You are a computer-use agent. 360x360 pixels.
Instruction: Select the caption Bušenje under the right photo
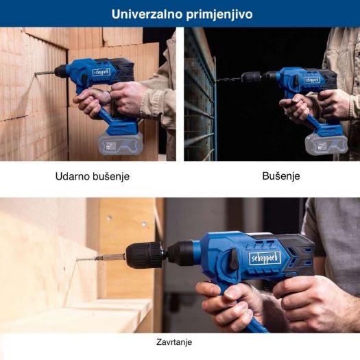click(281, 176)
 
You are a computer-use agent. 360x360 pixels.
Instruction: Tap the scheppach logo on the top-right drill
click(312, 80)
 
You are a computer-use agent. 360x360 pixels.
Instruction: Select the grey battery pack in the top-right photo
click(327, 144)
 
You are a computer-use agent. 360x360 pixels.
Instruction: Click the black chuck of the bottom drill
click(146, 255)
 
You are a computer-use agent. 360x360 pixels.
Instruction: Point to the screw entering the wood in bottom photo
click(85, 259)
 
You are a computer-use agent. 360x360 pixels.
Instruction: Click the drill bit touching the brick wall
click(45, 73)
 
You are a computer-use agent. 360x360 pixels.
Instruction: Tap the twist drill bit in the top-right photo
click(230, 78)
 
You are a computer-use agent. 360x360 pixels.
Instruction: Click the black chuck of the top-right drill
click(251, 77)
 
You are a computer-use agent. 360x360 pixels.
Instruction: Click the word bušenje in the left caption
click(110, 176)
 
